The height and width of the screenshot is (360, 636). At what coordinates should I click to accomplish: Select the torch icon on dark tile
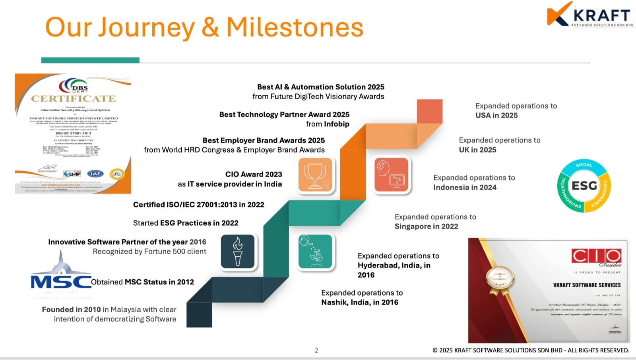238,251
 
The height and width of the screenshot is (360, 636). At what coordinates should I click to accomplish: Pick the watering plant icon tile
315,251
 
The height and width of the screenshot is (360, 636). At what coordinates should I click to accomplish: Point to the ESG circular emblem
584,186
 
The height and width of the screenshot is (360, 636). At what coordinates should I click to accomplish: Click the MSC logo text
61,282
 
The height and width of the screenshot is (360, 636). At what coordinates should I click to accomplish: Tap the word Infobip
336,124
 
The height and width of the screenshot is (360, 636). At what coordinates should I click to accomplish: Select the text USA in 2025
496,115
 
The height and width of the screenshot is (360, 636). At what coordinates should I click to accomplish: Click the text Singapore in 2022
426,226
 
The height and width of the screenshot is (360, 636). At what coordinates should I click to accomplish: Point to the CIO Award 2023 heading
253,174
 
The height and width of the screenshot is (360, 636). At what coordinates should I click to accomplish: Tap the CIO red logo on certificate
596,256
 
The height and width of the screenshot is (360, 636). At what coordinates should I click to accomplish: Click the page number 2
316,350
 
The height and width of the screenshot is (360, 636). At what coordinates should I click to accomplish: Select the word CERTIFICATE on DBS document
74,99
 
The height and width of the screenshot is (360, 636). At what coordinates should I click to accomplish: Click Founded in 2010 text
71,310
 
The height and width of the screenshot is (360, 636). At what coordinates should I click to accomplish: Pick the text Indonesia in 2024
465,187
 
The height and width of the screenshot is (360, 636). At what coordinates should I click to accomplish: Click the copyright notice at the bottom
531,350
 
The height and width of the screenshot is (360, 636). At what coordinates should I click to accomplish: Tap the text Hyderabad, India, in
394,265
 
